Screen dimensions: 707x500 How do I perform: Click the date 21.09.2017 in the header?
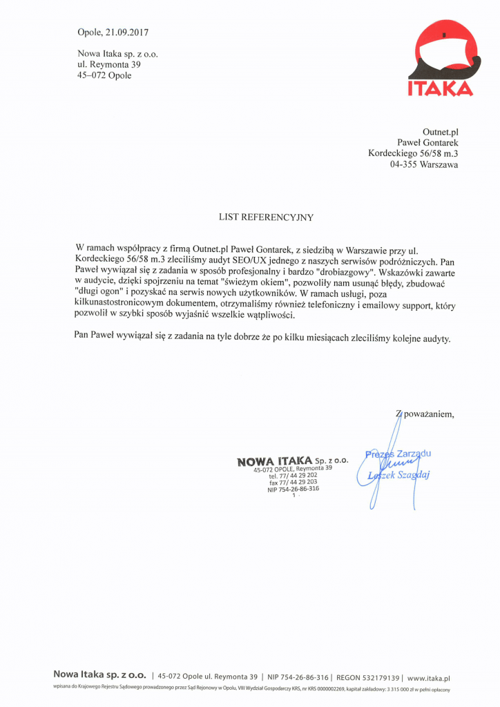(128, 32)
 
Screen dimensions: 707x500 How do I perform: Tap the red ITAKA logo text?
(440, 88)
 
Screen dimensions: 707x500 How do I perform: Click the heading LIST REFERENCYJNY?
(266, 217)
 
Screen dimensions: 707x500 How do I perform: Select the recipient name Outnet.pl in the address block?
(440, 131)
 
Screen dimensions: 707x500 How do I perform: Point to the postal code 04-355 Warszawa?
(423, 165)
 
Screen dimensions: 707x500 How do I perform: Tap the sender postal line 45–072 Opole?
(104, 76)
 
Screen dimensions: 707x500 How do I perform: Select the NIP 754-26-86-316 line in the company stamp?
(293, 489)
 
